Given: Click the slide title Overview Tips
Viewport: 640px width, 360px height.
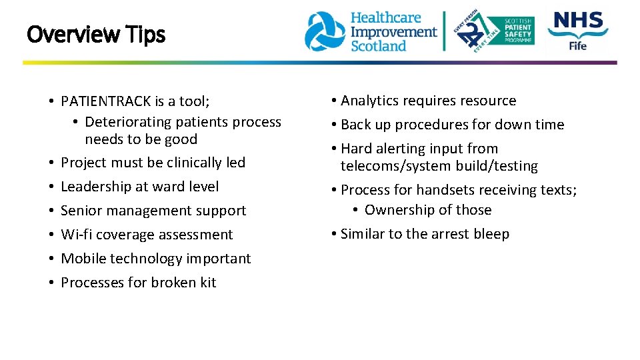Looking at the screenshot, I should click(x=95, y=34).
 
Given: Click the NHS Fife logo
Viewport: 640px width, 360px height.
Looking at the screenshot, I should click(x=577, y=31).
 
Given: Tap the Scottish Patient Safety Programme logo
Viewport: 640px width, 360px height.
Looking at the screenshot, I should click(x=495, y=31).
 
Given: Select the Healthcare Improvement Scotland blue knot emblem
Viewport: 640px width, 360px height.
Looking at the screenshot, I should click(x=325, y=31).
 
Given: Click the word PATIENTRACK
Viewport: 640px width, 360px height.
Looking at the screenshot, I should click(x=106, y=101).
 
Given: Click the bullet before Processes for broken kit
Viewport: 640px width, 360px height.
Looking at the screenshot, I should click(x=51, y=283).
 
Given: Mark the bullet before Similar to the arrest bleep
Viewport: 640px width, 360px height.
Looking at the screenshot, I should click(x=333, y=234).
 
